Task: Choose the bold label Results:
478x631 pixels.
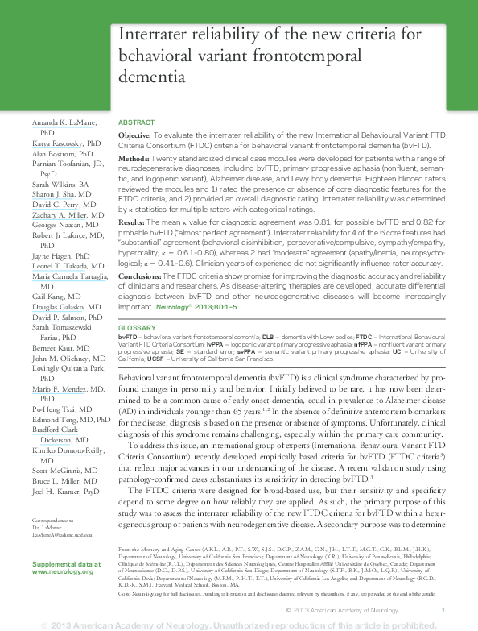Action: [132, 220]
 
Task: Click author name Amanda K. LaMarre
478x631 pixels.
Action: [64, 122]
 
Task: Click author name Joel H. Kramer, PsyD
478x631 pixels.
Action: [66, 491]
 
